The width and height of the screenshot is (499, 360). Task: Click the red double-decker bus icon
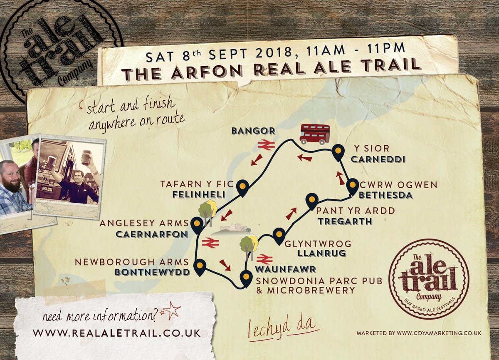tap(315, 134)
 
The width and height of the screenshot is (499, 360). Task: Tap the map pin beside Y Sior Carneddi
tap(338, 153)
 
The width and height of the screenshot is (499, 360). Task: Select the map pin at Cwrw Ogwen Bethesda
tap(353, 186)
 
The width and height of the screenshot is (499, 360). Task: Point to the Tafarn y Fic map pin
tap(242, 188)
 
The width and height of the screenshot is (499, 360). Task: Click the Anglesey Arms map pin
tap(195, 225)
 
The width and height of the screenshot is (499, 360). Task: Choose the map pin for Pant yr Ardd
tap(311, 201)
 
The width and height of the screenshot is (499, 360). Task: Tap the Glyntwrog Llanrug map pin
tap(278, 235)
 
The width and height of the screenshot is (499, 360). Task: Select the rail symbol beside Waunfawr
tap(264, 259)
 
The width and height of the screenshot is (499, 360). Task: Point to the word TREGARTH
tap(345, 221)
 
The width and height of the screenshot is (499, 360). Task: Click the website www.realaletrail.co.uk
tap(116, 333)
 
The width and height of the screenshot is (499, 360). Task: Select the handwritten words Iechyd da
tap(283, 328)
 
